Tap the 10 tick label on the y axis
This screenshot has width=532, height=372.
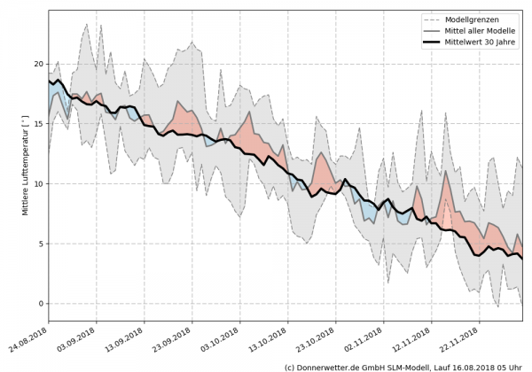(x=38, y=184)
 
